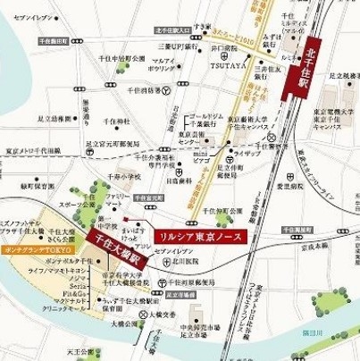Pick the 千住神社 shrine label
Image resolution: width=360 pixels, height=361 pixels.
(x=114, y=120)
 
